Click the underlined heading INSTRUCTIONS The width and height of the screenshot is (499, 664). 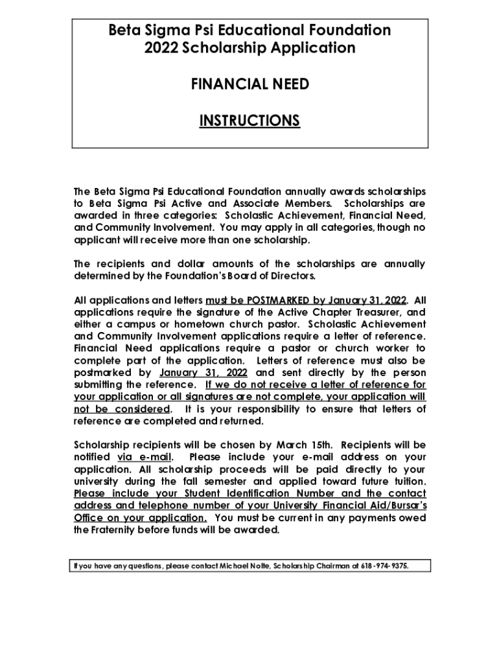click(x=250, y=121)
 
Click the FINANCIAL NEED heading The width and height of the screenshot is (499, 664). click(x=250, y=84)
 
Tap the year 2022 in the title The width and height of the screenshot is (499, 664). click(x=161, y=48)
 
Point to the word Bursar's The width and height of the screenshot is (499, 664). click(x=402, y=505)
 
